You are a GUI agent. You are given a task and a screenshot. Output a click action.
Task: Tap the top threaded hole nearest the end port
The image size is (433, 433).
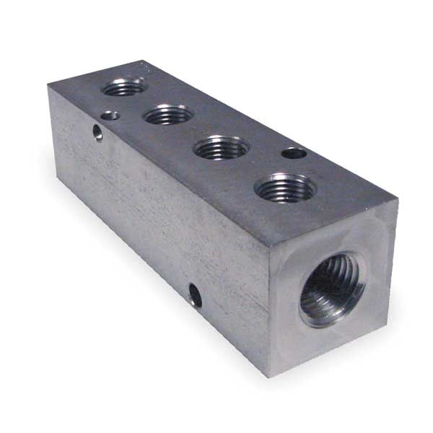pyautogui.click(x=285, y=188)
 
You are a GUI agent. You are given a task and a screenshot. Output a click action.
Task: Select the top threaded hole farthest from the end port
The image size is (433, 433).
pyautogui.click(x=124, y=87)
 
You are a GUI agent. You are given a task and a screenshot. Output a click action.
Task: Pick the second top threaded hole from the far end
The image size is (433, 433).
pyautogui.click(x=168, y=114)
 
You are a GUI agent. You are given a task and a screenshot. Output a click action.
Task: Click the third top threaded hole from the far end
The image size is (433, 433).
pyautogui.click(x=222, y=147)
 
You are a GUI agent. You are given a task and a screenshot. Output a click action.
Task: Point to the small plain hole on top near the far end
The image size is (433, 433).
pyautogui.click(x=110, y=115)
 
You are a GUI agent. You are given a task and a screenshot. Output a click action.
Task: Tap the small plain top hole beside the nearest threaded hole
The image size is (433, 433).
pyautogui.click(x=293, y=153)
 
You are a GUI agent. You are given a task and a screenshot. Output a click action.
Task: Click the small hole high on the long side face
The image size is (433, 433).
pyautogui.click(x=97, y=133)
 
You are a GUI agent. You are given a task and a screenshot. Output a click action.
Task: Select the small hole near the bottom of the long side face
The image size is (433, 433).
pyautogui.click(x=195, y=294)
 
